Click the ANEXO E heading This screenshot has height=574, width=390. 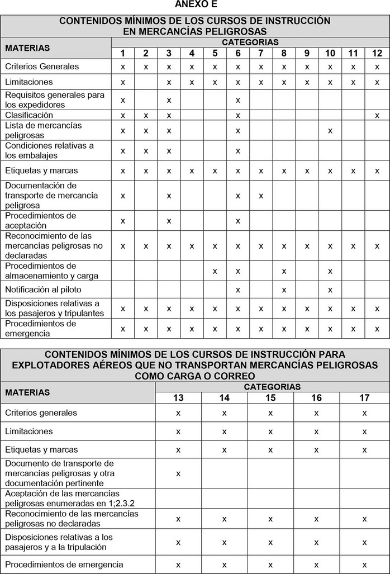pos(194,4)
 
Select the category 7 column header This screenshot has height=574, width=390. pos(260,53)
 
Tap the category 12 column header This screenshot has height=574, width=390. pos(377,53)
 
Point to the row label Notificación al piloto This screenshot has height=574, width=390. pos(43,290)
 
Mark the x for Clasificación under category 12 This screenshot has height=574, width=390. pos(377,115)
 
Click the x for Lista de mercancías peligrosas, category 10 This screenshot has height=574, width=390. pos(330,130)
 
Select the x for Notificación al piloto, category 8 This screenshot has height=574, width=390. pos(284,290)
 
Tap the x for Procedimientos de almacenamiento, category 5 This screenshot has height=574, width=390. pos(215,271)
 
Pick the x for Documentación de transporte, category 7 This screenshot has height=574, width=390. pos(260,196)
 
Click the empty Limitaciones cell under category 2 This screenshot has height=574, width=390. pos(145,82)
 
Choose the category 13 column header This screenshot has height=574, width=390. pos(178,397)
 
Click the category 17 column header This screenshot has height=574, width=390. pos(364,397)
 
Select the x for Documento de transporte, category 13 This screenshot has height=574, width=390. pos(178,473)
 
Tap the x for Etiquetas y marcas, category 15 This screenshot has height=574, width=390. pos(270,449)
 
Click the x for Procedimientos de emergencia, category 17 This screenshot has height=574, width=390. pos(364,564)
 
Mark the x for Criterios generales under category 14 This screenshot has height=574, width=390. pos(224,412)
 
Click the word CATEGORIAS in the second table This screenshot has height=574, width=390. pos(272,386)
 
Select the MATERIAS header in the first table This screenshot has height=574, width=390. pos(27,48)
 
